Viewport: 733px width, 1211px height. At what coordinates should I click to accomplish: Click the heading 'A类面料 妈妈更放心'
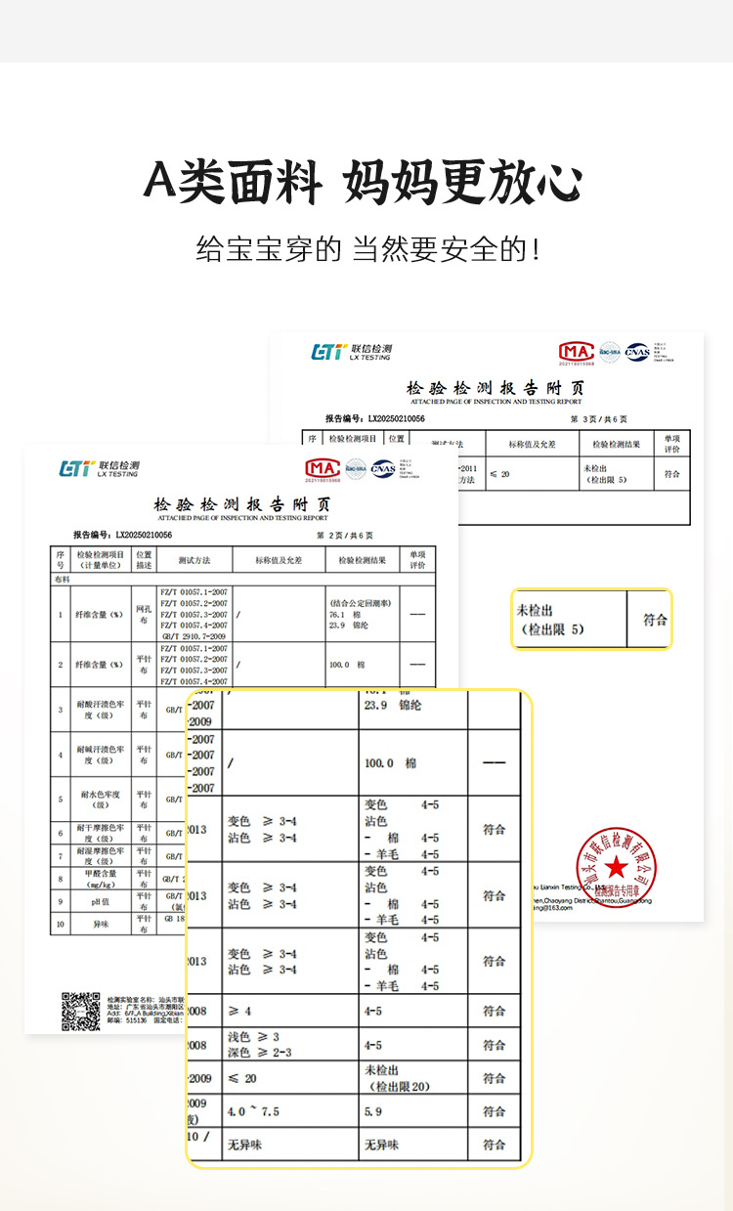click(x=364, y=181)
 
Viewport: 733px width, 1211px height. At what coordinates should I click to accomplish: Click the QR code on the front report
click(x=81, y=1012)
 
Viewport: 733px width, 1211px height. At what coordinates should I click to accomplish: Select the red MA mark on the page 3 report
click(x=576, y=351)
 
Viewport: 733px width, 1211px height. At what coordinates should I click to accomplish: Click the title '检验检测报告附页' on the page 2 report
click(x=241, y=505)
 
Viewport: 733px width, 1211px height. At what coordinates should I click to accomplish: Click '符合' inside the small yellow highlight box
click(x=655, y=620)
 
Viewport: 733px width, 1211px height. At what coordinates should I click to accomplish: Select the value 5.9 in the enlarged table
click(x=373, y=1112)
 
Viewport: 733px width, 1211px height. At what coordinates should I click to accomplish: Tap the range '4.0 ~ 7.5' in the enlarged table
click(x=252, y=1112)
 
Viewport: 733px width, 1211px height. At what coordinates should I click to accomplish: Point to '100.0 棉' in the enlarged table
click(x=390, y=762)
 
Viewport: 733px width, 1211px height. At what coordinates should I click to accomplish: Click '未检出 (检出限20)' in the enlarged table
click(x=397, y=1078)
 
